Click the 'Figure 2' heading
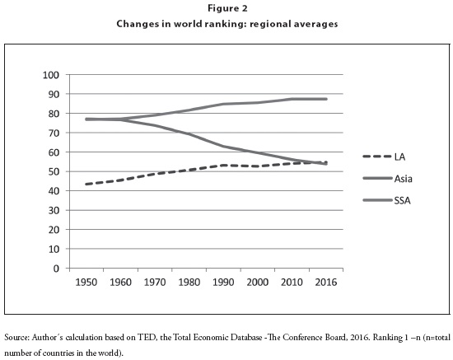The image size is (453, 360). pos(227,8)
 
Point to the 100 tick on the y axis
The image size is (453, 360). pos(51,75)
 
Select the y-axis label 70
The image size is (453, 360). pos(54,133)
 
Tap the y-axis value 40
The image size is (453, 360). pos(54,191)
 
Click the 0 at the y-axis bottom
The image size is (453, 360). pos(56,269)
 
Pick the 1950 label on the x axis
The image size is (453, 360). pos(86,282)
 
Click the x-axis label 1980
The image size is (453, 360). pos(189,282)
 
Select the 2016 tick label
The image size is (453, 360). pos(326,282)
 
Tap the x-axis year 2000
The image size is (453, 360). pos(258,282)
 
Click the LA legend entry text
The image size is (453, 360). pos(399,157)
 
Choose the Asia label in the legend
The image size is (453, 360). pos(404,179)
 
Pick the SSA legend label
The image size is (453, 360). pos(403,200)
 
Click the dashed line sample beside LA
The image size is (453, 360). pos(377,157)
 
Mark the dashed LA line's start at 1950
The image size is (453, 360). pos(86,184)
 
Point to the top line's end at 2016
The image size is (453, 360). pos(326,99)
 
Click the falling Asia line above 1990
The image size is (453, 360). pos(223,147)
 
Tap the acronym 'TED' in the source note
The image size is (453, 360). pos(146,338)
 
